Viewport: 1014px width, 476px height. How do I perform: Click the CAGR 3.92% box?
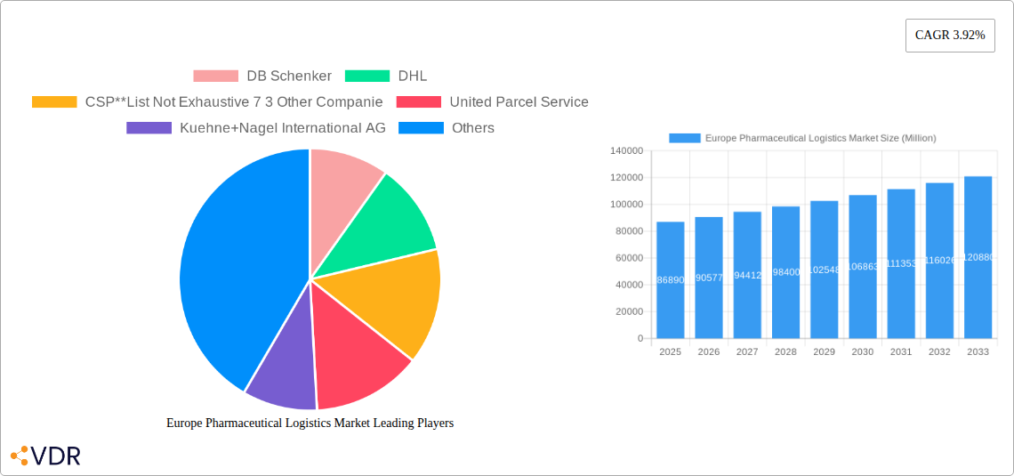click(x=949, y=36)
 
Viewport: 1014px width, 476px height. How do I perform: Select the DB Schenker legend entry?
click(x=262, y=77)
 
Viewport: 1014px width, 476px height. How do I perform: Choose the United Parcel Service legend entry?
click(x=492, y=102)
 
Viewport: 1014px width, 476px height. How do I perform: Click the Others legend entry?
click(x=447, y=128)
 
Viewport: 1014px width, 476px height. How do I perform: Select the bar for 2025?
click(x=670, y=279)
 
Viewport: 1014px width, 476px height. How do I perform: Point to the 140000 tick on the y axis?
click(x=626, y=151)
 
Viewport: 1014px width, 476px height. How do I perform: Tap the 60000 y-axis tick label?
click(x=629, y=258)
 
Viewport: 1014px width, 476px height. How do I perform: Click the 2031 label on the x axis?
click(x=901, y=352)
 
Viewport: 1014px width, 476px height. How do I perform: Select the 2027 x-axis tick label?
click(x=747, y=352)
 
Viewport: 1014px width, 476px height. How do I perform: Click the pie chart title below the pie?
click(x=310, y=424)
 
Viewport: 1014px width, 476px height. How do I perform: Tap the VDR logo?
click(x=45, y=456)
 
